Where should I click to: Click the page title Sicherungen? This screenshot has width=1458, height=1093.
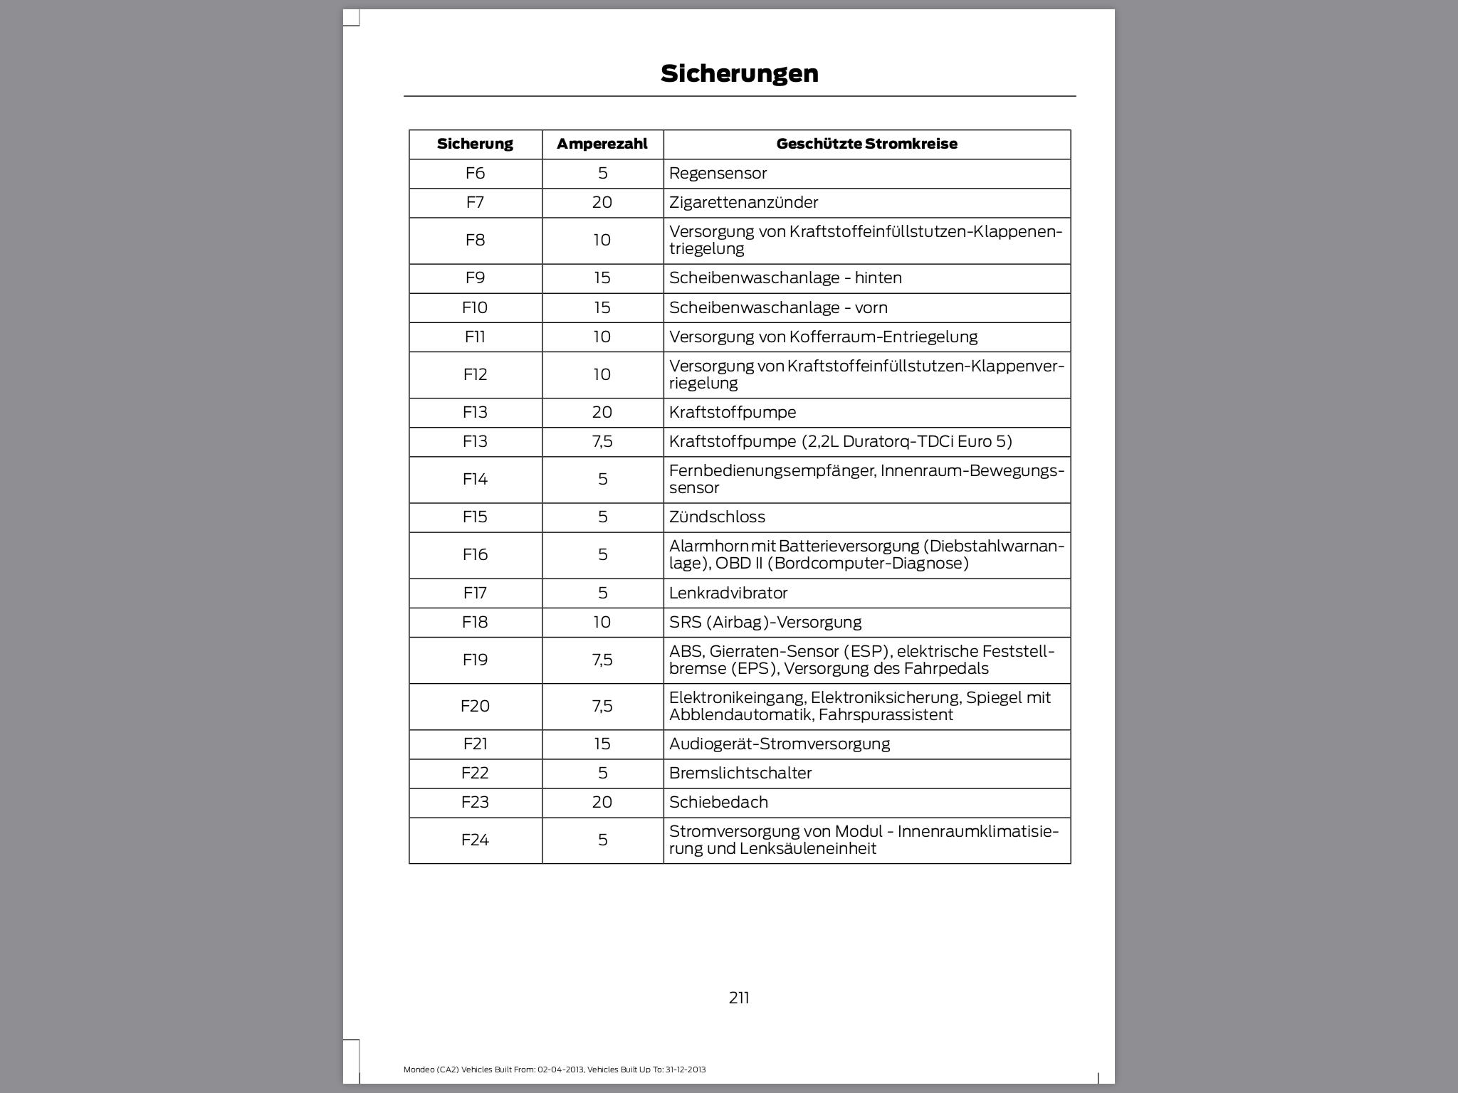[739, 73]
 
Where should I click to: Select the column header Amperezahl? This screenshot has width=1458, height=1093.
[602, 144]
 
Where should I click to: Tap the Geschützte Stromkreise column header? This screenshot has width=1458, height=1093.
[866, 144]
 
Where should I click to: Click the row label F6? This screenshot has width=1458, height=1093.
[475, 173]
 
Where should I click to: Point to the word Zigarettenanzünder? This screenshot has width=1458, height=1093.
[743, 202]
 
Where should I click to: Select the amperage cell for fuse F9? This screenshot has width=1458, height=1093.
[602, 278]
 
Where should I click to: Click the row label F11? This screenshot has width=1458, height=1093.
[475, 337]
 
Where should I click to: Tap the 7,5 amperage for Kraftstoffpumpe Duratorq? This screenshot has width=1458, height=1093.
[602, 441]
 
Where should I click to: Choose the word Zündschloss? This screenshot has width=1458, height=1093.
[717, 517]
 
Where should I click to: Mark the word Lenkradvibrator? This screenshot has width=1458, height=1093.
[728, 593]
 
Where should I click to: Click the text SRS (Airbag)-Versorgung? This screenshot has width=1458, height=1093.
[765, 622]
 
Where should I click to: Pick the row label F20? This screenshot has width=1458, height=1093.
[475, 706]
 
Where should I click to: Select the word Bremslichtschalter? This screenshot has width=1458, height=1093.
[740, 773]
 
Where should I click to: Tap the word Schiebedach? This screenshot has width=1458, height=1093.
[718, 802]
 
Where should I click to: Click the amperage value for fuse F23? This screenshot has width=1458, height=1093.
[602, 802]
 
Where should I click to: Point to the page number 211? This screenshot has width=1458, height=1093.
[739, 998]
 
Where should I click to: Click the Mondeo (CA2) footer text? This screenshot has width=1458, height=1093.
[554, 1070]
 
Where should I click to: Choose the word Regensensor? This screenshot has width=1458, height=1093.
[718, 173]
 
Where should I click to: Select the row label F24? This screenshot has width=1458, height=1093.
[475, 840]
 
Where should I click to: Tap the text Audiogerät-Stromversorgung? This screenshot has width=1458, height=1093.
[779, 744]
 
